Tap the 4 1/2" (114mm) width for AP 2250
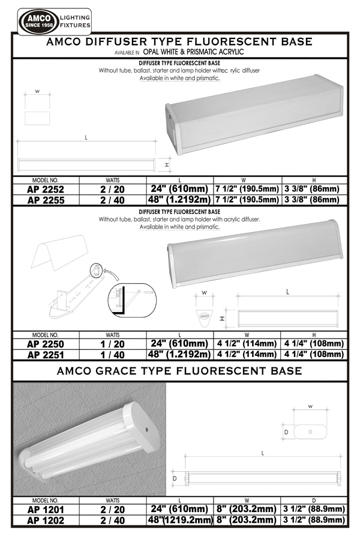point(247,344)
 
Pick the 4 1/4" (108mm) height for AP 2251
point(314,354)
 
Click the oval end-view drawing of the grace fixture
point(309,431)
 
